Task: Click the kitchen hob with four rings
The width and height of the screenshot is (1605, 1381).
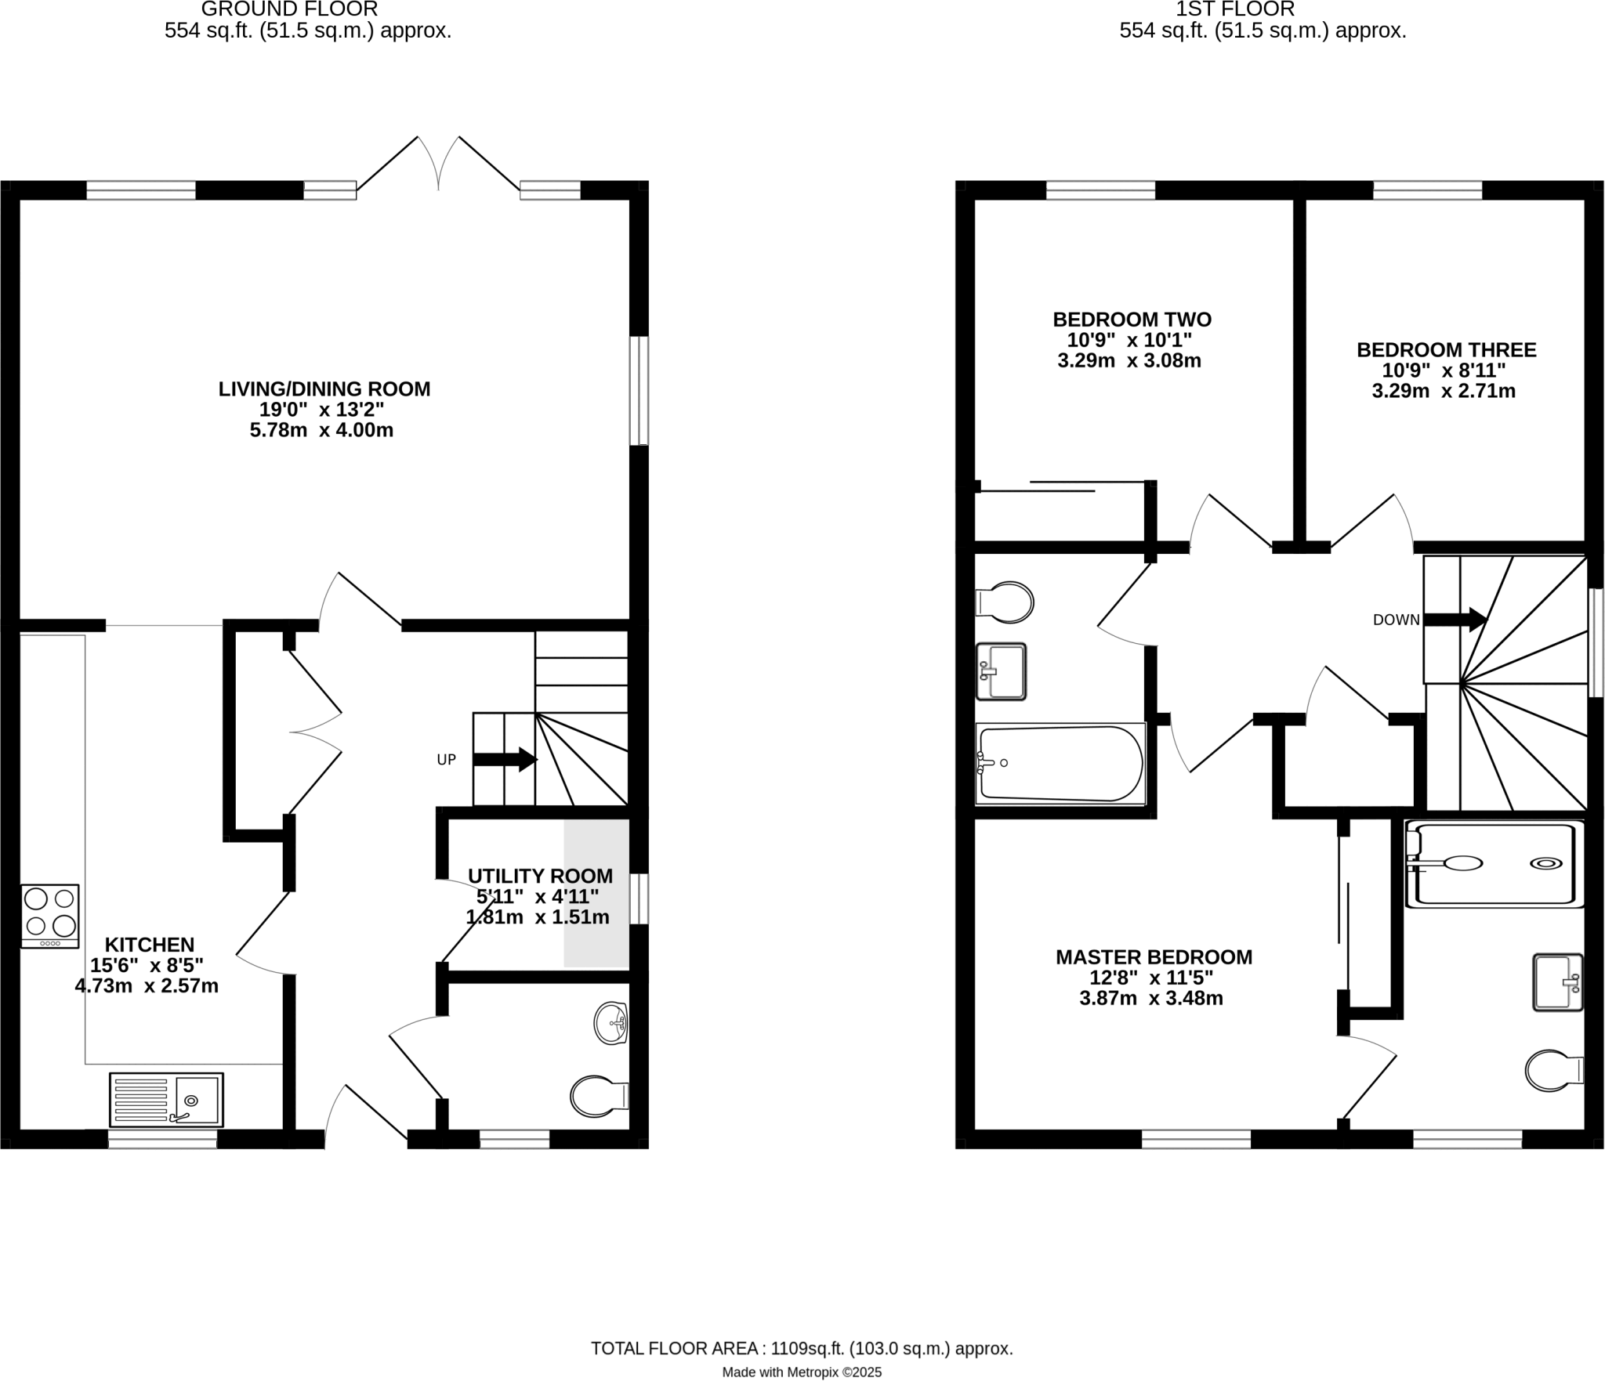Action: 50,915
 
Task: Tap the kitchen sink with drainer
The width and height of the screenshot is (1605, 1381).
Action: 166,1100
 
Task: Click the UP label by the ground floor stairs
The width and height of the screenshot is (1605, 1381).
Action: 446,760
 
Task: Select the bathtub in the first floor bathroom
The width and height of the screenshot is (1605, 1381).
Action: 1060,763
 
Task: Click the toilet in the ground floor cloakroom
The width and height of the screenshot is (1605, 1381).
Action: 599,1096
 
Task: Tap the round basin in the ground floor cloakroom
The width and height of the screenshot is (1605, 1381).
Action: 611,1023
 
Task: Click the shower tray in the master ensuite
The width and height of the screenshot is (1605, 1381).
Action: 1494,863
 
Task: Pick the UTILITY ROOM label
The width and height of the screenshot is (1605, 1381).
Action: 540,876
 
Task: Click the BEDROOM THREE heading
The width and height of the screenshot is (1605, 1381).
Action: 1446,349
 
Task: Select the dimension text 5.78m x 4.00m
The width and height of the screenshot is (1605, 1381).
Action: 321,430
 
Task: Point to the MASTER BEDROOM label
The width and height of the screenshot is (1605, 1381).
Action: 1154,957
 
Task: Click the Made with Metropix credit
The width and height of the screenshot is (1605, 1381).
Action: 802,1372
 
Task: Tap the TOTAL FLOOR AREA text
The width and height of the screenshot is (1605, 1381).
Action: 802,1349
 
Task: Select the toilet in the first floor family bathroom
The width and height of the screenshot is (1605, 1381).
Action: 1005,602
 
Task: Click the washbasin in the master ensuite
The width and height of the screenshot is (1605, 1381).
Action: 1556,982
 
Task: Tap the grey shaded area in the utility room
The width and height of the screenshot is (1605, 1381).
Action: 596,893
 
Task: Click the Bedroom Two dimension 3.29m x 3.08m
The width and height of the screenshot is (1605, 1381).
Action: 1129,361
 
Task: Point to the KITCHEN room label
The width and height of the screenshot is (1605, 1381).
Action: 150,945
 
